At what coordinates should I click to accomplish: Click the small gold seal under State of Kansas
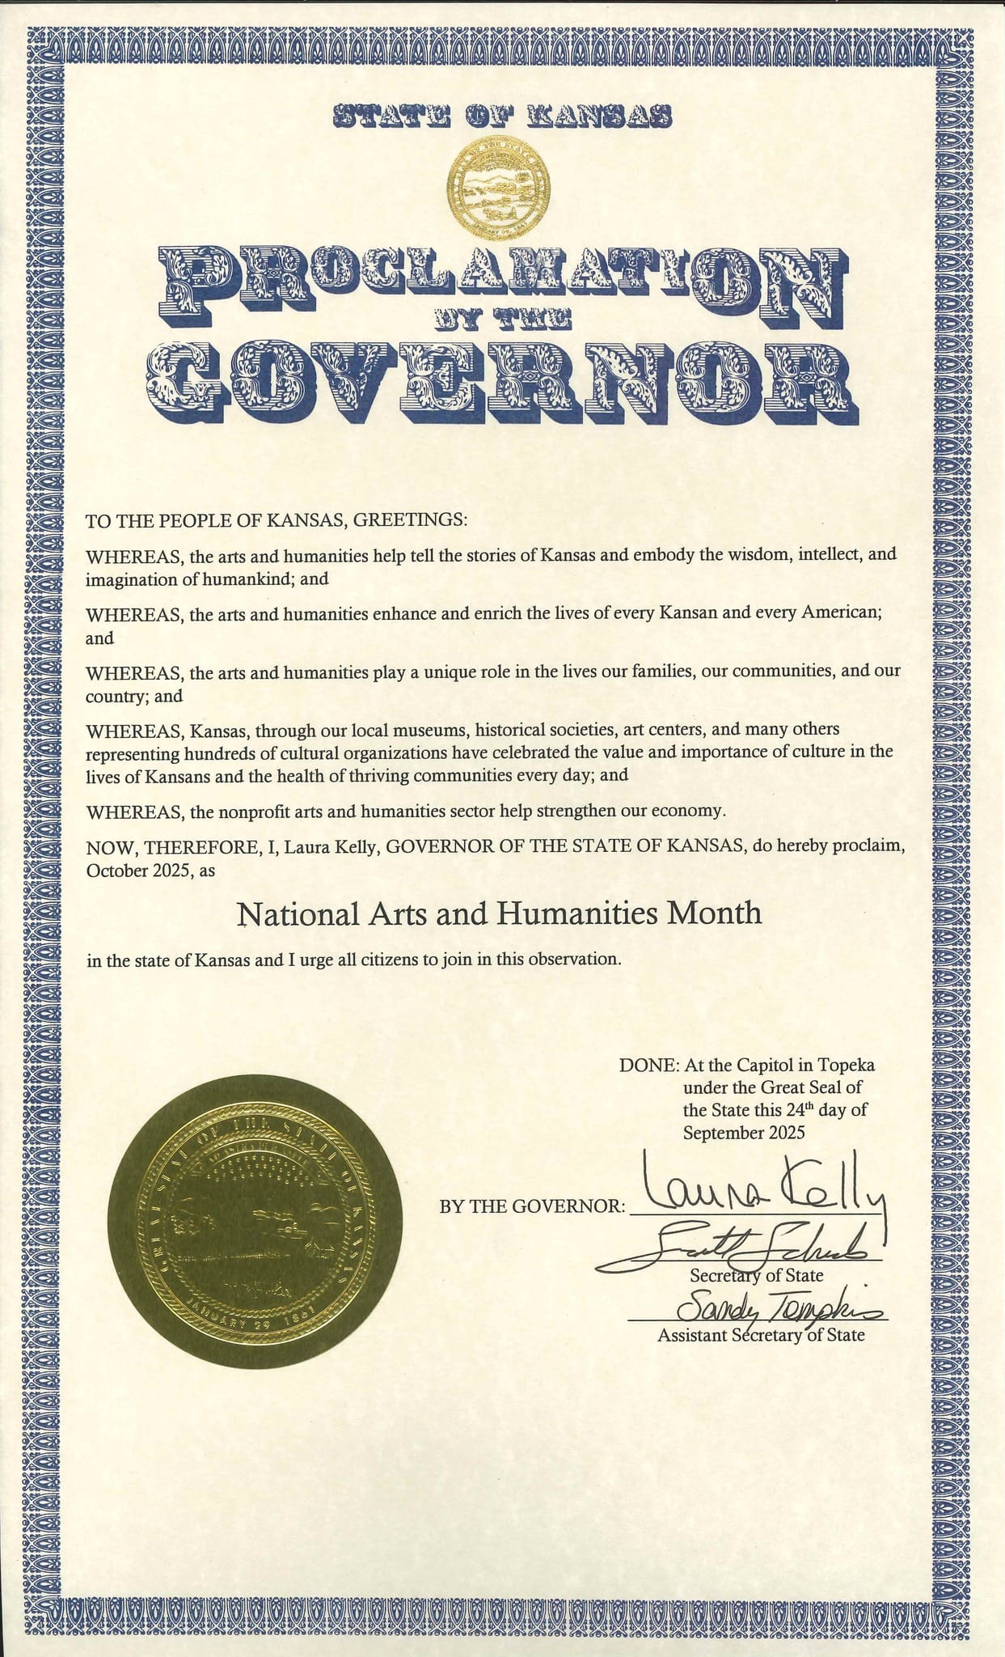click(498, 183)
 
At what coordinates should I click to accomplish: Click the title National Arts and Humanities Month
click(499, 913)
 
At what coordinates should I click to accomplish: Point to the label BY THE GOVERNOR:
click(532, 1206)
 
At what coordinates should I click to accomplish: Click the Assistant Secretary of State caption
click(760, 1335)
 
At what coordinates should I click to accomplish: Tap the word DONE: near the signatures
click(648, 1065)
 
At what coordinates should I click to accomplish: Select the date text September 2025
click(744, 1133)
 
